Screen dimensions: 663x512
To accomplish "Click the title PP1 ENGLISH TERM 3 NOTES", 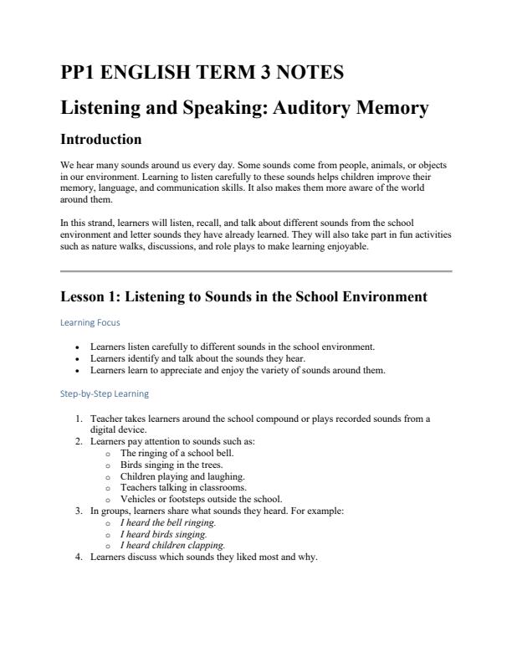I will pyautogui.click(x=202, y=73).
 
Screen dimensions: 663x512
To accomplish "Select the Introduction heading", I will pyautogui.click(x=101, y=139).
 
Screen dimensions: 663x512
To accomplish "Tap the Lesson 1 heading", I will pyautogui.click(x=244, y=296).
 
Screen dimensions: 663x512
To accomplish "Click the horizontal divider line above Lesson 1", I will pyautogui.click(x=256, y=271).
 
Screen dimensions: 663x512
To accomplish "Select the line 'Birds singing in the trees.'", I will pyautogui.click(x=177, y=464).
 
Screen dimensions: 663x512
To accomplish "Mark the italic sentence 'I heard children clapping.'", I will pyautogui.click(x=172, y=544).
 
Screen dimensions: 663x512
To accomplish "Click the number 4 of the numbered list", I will pyautogui.click(x=78, y=556).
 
